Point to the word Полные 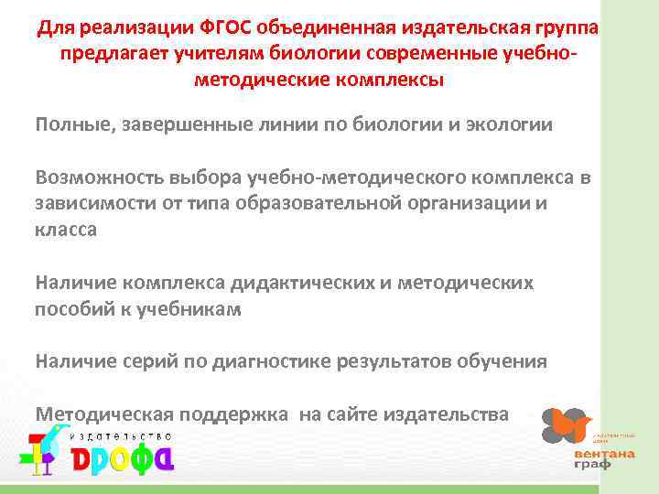(x=71, y=124)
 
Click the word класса (x=66, y=229)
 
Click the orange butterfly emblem (x=567, y=424)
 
